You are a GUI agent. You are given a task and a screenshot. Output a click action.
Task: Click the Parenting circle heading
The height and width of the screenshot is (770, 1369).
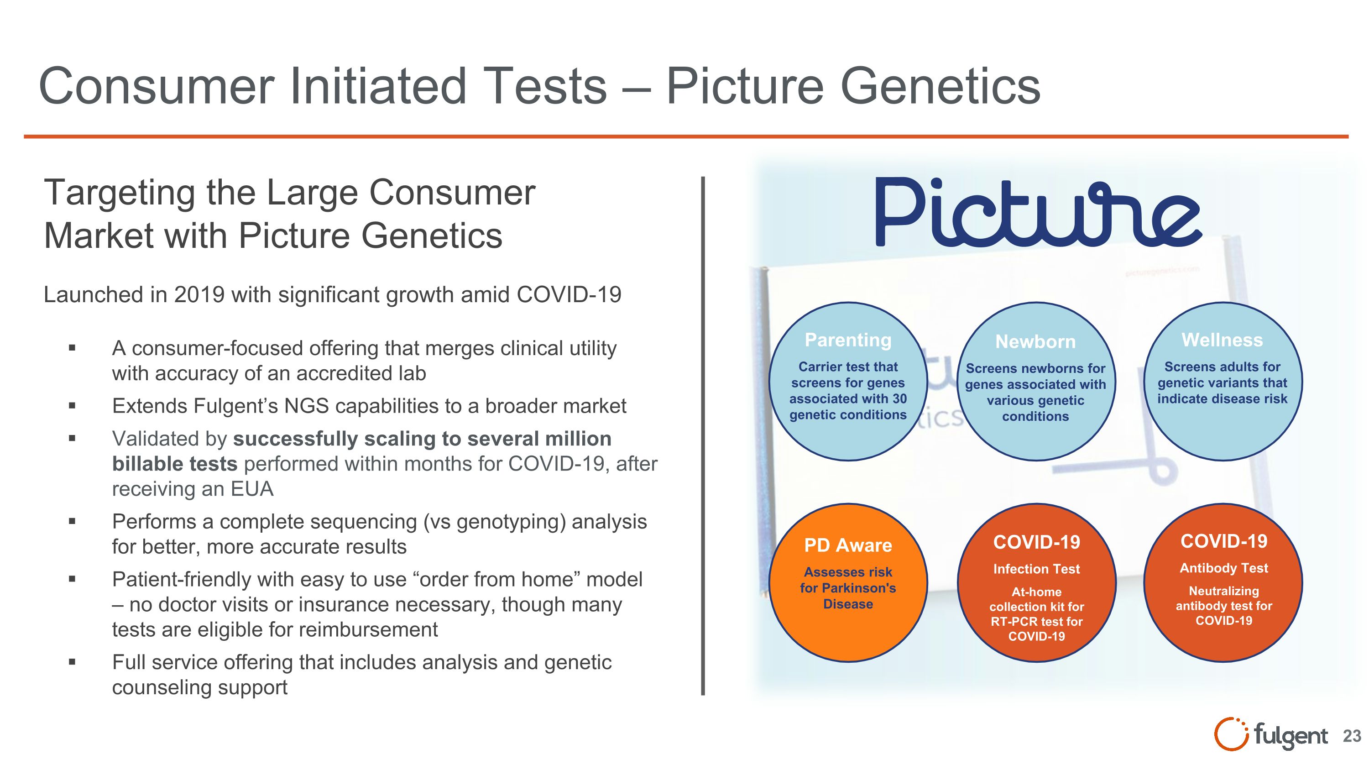point(848,340)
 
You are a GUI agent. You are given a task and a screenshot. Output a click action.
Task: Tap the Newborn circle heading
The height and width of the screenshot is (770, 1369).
point(1035,342)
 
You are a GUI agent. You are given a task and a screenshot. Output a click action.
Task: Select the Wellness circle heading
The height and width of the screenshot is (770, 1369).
point(1222,340)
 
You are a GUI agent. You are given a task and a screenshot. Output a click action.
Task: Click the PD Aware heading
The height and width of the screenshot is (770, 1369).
point(848,545)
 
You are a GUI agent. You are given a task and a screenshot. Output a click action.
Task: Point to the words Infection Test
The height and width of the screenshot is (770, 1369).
point(1036,569)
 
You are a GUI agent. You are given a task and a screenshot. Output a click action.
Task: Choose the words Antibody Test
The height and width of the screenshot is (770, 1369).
point(1223,568)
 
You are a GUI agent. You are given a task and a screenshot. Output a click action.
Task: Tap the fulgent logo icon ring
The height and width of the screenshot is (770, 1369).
point(1230,734)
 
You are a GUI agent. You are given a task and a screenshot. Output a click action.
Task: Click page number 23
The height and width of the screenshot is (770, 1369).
point(1352,736)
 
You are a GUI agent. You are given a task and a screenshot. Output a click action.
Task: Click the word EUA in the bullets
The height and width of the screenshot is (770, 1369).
point(252,489)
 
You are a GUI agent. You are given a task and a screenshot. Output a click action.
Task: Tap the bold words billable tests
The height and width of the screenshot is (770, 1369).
point(174,464)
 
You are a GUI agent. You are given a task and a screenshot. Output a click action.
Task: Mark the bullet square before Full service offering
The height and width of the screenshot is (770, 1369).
point(72,663)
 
